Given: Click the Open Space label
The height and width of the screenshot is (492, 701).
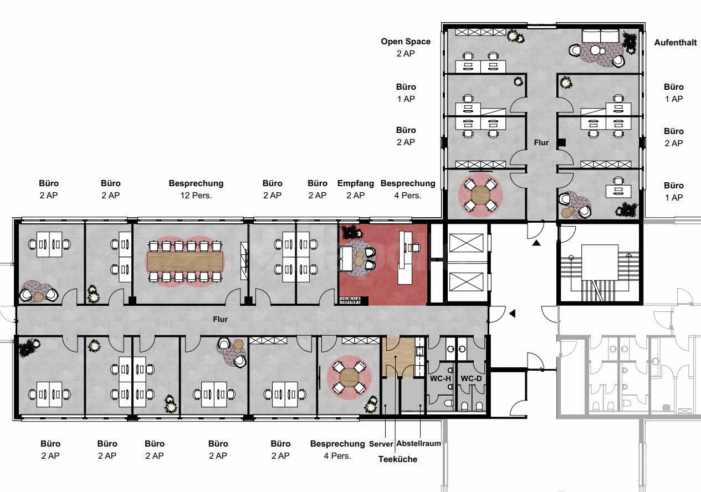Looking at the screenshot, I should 405,42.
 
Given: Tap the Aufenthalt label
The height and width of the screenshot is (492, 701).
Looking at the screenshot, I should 675,43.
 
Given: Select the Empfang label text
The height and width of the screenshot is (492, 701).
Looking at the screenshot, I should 355,183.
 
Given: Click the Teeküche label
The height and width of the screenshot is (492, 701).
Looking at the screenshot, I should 397,459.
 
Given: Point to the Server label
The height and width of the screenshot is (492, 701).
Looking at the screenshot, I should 381,444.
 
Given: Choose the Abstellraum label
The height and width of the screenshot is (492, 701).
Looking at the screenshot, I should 418,443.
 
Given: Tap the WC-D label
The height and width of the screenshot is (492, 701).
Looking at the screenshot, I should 472,379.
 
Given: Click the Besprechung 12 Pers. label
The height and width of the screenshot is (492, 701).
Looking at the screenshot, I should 196,183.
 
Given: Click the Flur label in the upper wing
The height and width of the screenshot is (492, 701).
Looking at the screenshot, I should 541,143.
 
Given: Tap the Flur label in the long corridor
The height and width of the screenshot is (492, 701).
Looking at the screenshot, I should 221,320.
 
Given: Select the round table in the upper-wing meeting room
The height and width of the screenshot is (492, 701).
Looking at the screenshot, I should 480,194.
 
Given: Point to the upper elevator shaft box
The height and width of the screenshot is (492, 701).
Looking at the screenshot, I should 467,243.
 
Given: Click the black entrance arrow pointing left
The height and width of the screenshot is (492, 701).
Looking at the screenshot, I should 513,314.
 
